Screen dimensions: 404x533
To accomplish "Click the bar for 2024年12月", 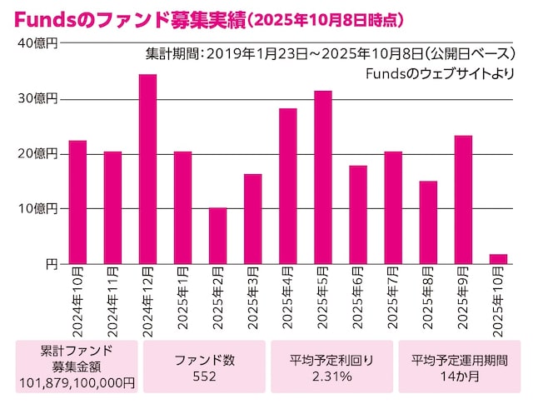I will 147,169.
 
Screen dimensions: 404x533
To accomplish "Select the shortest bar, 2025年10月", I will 498,259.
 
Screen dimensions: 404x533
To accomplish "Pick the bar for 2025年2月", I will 217,236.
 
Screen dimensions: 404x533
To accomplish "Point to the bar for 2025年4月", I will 288,186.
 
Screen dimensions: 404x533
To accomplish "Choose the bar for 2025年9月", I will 463,200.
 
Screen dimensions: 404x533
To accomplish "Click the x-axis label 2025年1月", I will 182,301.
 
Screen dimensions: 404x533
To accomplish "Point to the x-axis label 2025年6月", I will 357,301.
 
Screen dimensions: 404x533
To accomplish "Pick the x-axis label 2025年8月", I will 427,301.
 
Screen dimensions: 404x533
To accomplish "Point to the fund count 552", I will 204,377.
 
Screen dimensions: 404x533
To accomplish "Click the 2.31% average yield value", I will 331,377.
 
